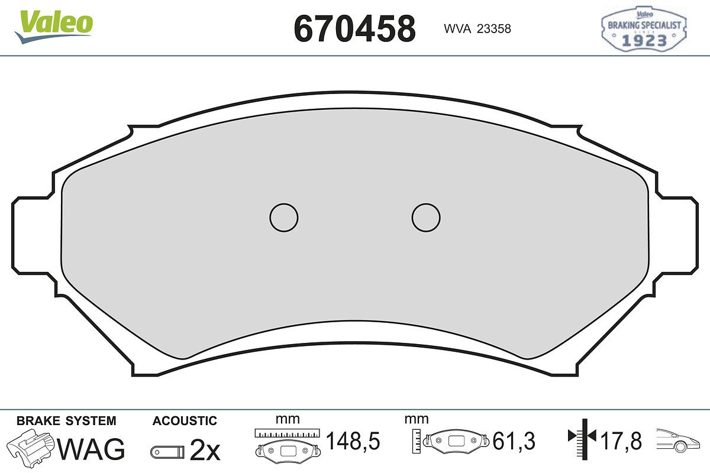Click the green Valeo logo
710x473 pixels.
[54, 27]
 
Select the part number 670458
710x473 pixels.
[354, 29]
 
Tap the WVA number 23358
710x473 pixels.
[494, 29]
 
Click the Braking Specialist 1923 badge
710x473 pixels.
[644, 28]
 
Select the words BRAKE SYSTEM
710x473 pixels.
[66, 421]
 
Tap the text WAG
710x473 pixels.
[91, 449]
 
